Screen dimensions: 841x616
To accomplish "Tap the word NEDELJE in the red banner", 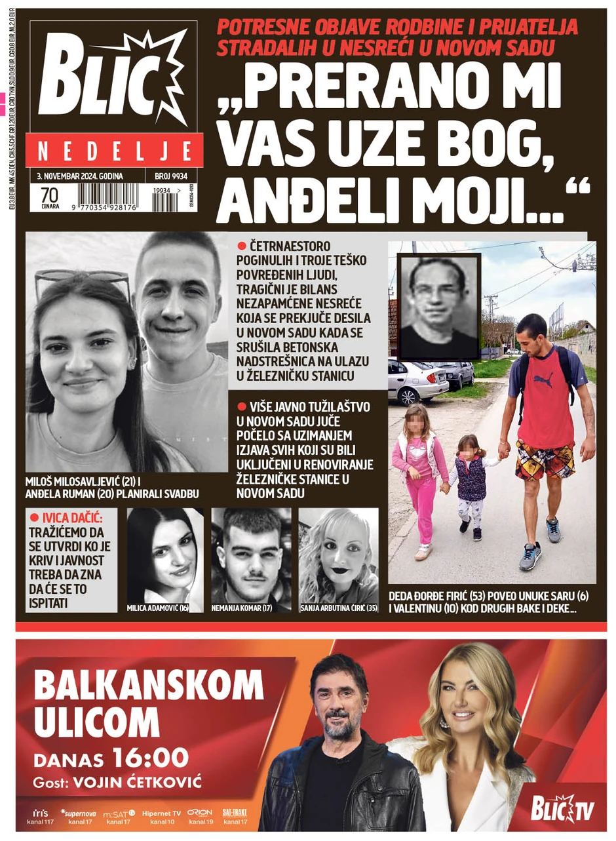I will tap(114, 152).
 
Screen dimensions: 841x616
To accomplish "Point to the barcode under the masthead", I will tap(108, 197).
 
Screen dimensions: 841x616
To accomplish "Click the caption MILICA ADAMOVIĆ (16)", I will tap(158, 608).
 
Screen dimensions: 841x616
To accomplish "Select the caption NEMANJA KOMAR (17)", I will tap(242, 608).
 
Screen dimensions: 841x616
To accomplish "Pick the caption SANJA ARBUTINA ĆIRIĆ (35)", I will tap(337, 608).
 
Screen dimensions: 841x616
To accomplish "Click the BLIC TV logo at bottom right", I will tap(562, 810).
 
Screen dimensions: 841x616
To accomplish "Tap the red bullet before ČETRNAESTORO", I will tap(242, 246).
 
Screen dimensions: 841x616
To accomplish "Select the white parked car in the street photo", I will tap(416, 380).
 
